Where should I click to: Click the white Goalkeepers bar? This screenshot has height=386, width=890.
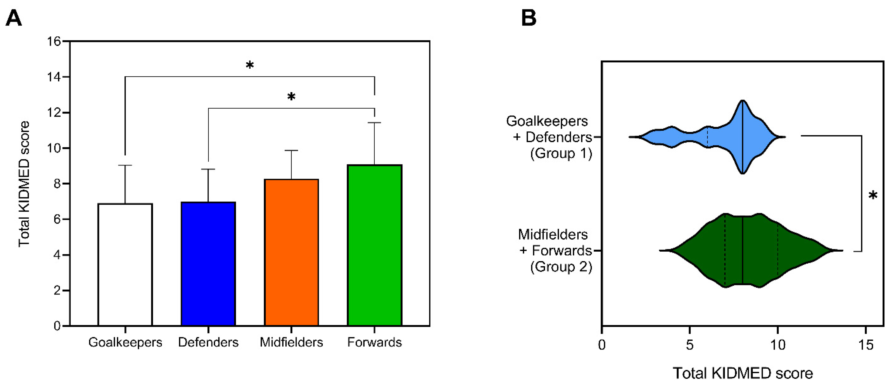pos(125,264)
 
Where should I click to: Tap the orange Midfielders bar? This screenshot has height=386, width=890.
pos(291,252)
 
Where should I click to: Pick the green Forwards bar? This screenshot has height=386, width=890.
pos(375,245)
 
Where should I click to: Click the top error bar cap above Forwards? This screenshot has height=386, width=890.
pos(375,123)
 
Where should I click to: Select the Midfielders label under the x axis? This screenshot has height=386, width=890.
pos(291,342)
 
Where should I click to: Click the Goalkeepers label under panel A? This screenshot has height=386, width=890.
pos(125,342)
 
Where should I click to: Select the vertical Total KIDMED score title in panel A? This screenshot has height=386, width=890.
pos(24,184)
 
